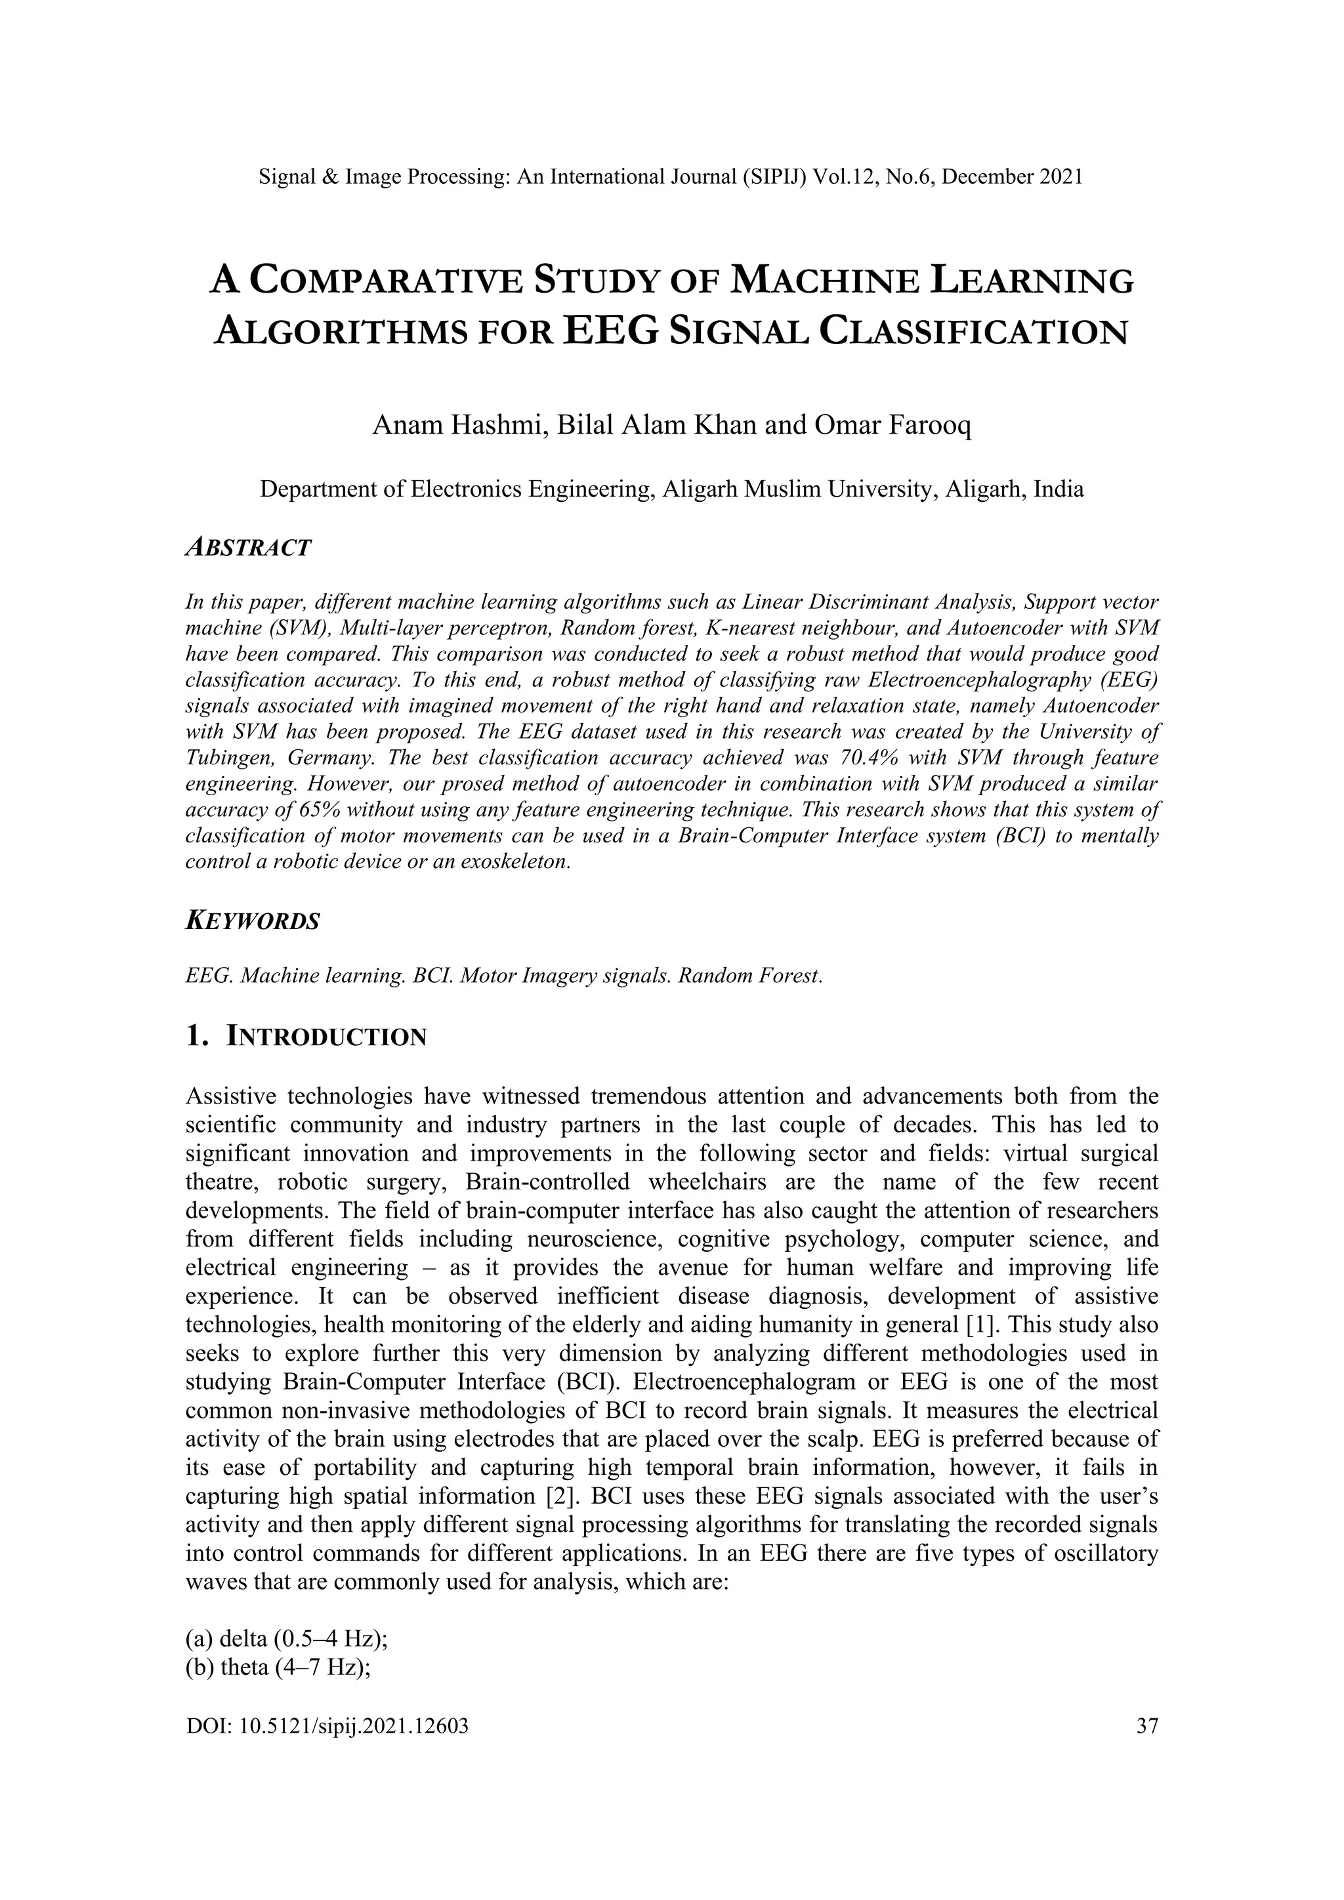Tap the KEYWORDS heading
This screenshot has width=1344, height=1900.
click(253, 921)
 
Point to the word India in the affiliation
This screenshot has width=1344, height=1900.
click(1060, 489)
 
